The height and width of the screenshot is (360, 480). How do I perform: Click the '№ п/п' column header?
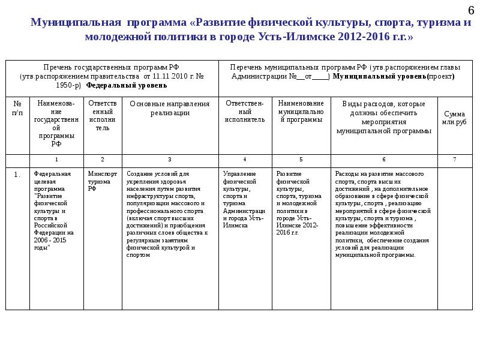(17, 108)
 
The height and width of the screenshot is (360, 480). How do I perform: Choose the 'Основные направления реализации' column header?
(170, 108)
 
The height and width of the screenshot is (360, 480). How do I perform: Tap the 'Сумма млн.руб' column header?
(454, 118)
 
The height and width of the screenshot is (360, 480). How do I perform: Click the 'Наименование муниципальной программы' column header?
(301, 112)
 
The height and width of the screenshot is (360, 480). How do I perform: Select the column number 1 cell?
(56, 160)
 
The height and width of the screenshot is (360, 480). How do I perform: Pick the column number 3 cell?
(170, 160)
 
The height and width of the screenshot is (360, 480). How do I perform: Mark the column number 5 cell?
(301, 160)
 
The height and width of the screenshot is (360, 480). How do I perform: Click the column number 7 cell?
(454, 160)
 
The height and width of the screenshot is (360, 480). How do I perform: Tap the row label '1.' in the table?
(17, 175)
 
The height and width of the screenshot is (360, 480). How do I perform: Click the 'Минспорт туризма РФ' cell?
(100, 181)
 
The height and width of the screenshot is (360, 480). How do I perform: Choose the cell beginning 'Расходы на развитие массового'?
(383, 214)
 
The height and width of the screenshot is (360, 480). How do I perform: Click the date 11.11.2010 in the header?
(167, 77)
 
